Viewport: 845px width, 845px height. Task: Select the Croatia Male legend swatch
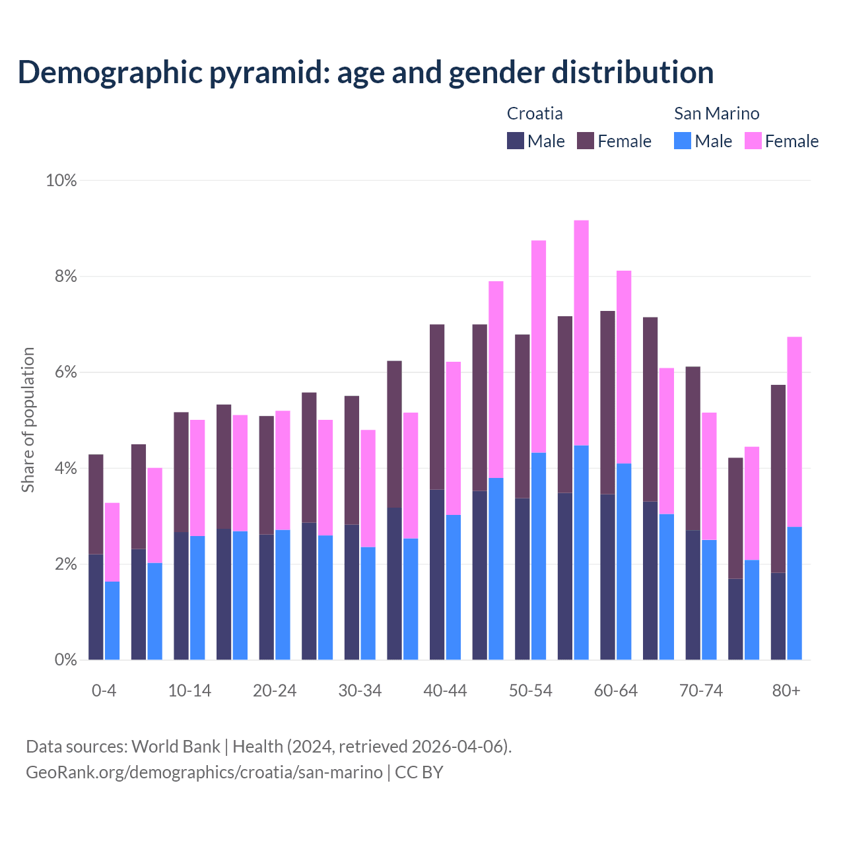point(515,141)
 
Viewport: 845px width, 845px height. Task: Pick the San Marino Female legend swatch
point(753,141)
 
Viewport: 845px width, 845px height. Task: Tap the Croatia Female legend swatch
point(586,141)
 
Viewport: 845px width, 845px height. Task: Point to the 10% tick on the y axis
point(61,180)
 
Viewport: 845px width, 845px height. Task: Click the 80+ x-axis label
point(786,691)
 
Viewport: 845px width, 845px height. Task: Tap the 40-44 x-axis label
point(445,691)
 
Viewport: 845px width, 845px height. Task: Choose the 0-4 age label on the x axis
point(104,691)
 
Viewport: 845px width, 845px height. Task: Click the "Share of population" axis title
point(28,420)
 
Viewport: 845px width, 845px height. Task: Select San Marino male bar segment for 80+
point(794,593)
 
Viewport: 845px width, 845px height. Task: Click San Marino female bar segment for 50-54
point(539,347)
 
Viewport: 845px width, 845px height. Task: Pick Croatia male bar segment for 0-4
point(96,607)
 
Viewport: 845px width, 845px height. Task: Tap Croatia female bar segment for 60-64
point(607,403)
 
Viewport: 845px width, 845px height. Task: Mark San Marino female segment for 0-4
point(112,542)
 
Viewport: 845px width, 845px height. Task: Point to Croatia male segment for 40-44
point(437,574)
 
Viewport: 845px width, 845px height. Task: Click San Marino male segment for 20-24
point(283,594)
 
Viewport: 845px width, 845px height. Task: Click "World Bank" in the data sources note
point(176,747)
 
